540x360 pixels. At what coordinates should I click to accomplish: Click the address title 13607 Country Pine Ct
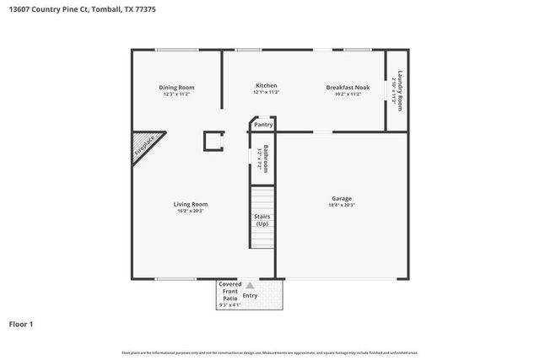click(x=82, y=10)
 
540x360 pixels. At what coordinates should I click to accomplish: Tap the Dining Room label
click(x=177, y=87)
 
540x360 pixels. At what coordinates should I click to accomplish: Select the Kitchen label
click(x=267, y=85)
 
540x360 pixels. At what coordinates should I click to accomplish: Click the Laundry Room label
click(x=399, y=89)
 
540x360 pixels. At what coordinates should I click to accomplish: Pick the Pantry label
click(x=263, y=125)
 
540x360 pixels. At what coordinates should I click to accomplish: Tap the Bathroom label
click(x=264, y=158)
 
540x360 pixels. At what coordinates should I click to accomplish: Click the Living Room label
click(x=191, y=204)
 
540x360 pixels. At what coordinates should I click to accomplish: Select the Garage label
click(x=342, y=199)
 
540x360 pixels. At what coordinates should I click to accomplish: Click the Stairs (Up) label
click(x=262, y=220)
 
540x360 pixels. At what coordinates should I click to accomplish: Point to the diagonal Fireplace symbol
click(x=145, y=148)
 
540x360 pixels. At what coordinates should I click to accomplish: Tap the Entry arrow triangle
click(x=249, y=287)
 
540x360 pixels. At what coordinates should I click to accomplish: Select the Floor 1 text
click(x=22, y=324)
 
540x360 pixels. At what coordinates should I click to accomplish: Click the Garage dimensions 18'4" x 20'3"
click(x=342, y=206)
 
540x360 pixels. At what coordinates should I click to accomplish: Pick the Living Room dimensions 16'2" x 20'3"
click(x=191, y=211)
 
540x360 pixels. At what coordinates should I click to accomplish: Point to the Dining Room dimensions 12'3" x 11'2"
click(x=177, y=94)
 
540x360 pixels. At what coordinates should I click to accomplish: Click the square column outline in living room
click(x=213, y=141)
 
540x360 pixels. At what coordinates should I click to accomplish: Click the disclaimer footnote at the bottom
click(x=270, y=352)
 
